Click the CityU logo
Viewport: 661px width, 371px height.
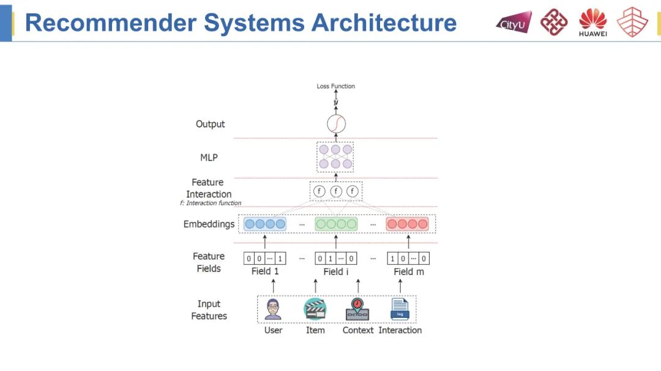[513, 23]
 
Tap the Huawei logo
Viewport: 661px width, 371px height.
[592, 23]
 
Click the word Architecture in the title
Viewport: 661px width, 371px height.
[384, 23]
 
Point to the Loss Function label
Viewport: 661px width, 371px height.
[335, 86]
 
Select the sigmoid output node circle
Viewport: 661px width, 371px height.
[336, 124]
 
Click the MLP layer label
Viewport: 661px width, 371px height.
[209, 157]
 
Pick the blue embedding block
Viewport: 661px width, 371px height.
[265, 224]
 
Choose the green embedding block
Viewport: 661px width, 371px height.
[336, 224]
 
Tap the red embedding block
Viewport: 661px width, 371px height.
[407, 224]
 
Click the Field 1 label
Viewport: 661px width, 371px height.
[265, 271]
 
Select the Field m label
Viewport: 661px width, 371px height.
[408, 271]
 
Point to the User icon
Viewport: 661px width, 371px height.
[273, 309]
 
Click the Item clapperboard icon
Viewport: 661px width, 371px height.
[315, 309]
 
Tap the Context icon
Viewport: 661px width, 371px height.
[357, 309]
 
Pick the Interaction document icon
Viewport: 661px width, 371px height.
[400, 309]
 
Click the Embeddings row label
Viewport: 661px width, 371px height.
[209, 224]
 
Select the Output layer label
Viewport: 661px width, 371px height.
[210, 124]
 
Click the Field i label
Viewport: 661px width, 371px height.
[336, 271]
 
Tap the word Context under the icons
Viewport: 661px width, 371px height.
[358, 330]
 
